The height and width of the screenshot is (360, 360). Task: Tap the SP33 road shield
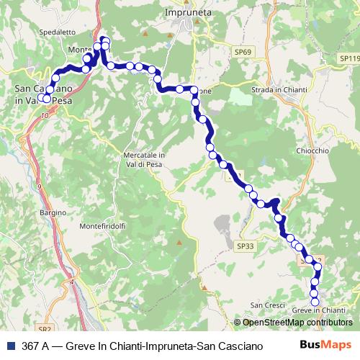tap(245, 246)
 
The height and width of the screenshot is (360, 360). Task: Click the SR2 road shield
tap(45, 328)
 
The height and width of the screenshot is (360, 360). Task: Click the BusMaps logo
tap(326, 345)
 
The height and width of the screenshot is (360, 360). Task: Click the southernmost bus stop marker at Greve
tap(315, 301)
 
